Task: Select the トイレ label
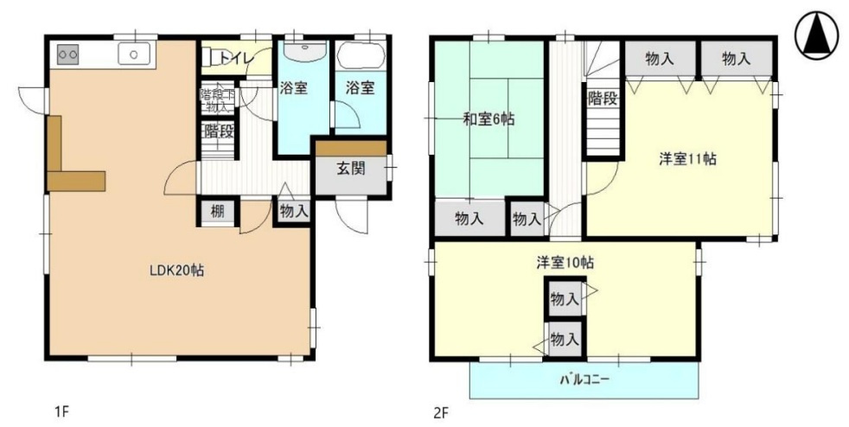click(235, 57)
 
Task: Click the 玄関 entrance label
click(350, 168)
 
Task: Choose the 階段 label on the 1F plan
click(220, 131)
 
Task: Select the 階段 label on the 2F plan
click(603, 98)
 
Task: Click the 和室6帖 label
click(488, 120)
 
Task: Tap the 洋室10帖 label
click(564, 262)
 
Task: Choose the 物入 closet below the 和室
click(469, 219)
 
